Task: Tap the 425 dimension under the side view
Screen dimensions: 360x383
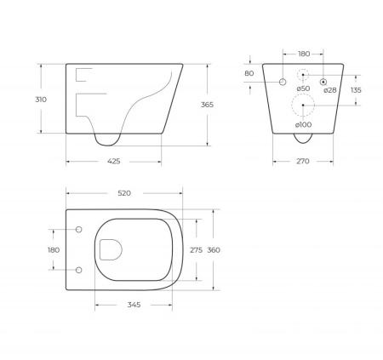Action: tap(113, 160)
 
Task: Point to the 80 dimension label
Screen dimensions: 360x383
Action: tap(249, 73)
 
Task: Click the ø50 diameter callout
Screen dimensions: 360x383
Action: tap(303, 89)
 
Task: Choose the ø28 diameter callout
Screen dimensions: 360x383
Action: tap(330, 89)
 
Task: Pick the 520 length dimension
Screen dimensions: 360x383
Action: tap(124, 193)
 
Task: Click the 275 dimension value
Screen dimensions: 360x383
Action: tap(195, 249)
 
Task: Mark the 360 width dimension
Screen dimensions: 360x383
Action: tap(214, 249)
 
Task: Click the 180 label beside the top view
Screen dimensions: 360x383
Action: tap(54, 249)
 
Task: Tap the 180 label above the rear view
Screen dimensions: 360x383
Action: tap(304, 53)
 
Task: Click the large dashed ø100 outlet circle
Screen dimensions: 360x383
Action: tap(304, 106)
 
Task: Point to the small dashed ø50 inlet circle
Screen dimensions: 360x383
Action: tap(304, 74)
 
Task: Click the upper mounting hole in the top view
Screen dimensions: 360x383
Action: tap(79, 230)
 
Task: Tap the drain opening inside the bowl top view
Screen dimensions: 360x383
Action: tap(110, 249)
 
